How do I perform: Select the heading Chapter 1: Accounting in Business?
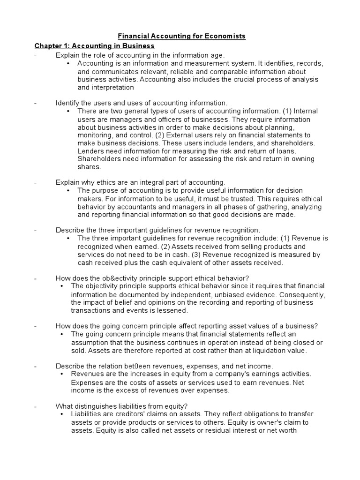click(94, 46)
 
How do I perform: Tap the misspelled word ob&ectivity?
click(109, 277)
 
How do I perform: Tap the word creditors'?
click(129, 414)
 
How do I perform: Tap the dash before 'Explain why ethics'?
click(35, 182)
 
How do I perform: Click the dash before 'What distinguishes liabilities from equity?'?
click(35, 406)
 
